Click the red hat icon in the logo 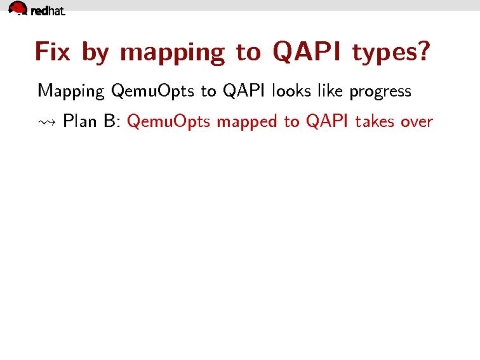(x=18, y=8)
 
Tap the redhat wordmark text (x=48, y=11)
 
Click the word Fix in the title (x=52, y=51)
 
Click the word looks (x=291, y=90)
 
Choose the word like (x=330, y=90)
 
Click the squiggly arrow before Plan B (x=47, y=122)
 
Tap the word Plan (x=79, y=120)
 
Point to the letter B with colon (x=112, y=120)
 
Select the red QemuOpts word (x=168, y=122)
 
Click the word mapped (x=247, y=122)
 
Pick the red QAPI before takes (x=327, y=121)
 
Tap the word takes (x=374, y=120)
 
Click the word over (x=417, y=122)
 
